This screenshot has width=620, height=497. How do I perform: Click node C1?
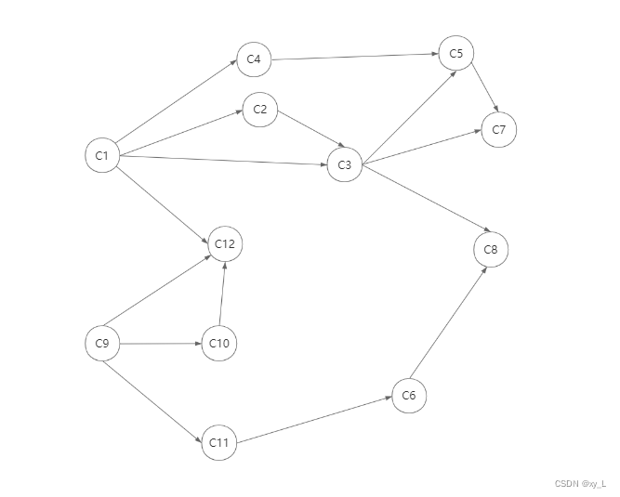pos(102,155)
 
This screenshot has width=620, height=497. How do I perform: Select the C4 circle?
pos(254,60)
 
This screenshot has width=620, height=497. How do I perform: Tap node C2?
pos(259,111)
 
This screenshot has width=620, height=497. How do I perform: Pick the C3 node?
pos(344,164)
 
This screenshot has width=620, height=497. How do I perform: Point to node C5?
pos(455,54)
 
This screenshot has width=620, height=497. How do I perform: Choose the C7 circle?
pos(498,129)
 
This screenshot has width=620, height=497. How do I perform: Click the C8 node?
pos(491,249)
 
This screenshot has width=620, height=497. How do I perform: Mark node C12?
pos(224,244)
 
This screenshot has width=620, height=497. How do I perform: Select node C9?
pos(102,344)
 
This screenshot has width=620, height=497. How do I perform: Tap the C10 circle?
pos(219,344)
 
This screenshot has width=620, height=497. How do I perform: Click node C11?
pos(218,442)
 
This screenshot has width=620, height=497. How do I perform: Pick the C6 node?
pos(409,396)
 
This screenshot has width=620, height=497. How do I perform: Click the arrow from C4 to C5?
pos(354,57)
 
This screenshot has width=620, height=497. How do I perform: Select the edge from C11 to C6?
pos(313,419)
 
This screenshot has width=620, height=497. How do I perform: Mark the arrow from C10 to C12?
pos(222,294)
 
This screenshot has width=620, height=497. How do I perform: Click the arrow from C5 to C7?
pos(483,85)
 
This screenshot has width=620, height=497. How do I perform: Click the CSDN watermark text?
pos(580,484)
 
